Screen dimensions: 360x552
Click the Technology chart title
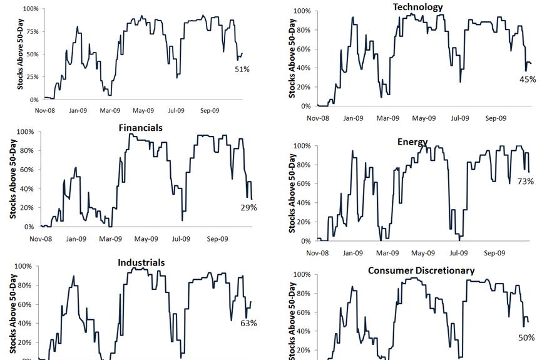point(417,7)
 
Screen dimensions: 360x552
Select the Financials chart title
point(140,128)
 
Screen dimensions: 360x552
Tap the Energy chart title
point(412,142)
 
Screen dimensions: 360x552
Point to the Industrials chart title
point(141,263)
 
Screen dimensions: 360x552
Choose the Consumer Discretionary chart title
point(421,270)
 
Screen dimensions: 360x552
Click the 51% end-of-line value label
point(242,69)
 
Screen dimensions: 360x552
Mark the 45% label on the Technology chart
point(528,80)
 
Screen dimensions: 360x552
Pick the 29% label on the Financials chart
point(248,208)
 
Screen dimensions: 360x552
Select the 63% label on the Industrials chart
point(248,323)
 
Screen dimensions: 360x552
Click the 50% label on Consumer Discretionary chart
point(526,338)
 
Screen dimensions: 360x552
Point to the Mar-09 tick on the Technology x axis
point(388,118)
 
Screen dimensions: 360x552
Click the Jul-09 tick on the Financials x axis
point(181,239)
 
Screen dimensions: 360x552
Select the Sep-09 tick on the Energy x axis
point(494,253)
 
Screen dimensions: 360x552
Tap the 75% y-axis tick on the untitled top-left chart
point(30,32)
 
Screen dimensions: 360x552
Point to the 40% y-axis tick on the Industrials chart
point(24,324)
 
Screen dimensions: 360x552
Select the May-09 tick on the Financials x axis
point(146,239)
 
